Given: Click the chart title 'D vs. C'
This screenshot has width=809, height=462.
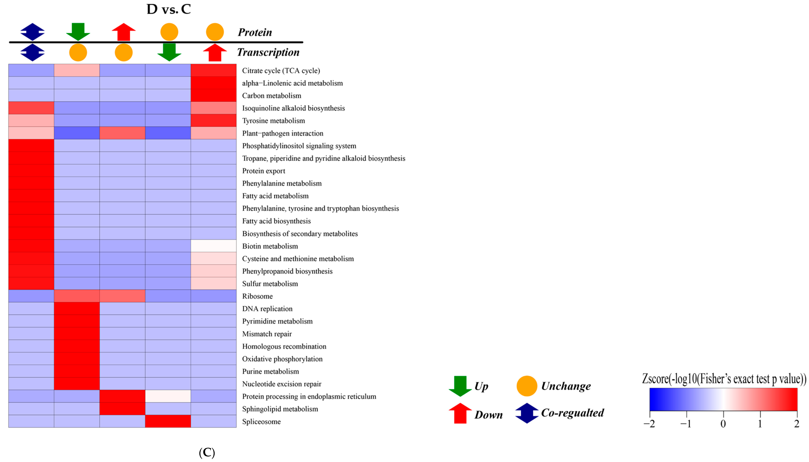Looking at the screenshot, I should (x=169, y=9).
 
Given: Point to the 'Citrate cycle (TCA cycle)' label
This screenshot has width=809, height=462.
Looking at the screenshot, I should (x=281, y=71).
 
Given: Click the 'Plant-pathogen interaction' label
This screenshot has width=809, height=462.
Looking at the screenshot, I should (x=283, y=133).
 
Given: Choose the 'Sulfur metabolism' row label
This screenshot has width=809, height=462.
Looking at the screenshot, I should (x=270, y=284).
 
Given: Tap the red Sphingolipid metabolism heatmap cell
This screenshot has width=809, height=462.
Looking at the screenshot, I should (x=122, y=409).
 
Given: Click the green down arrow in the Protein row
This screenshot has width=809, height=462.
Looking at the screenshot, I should (x=78, y=32).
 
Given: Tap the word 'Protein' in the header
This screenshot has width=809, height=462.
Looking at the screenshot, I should (x=255, y=32).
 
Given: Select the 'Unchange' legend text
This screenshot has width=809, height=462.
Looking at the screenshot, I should (x=566, y=386).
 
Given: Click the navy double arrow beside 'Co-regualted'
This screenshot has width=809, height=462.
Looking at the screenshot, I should (x=527, y=413).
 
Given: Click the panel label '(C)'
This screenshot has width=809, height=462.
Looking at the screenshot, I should (x=207, y=452).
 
